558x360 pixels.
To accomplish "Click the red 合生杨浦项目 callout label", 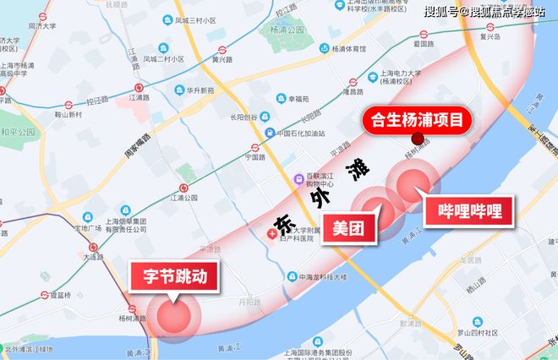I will (x=416, y=119).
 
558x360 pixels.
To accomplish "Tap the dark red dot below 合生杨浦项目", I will (x=417, y=139).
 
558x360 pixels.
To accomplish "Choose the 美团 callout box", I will (x=348, y=227).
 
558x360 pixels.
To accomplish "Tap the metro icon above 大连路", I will (x=94, y=249).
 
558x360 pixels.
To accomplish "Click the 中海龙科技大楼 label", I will (x=316, y=276).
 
